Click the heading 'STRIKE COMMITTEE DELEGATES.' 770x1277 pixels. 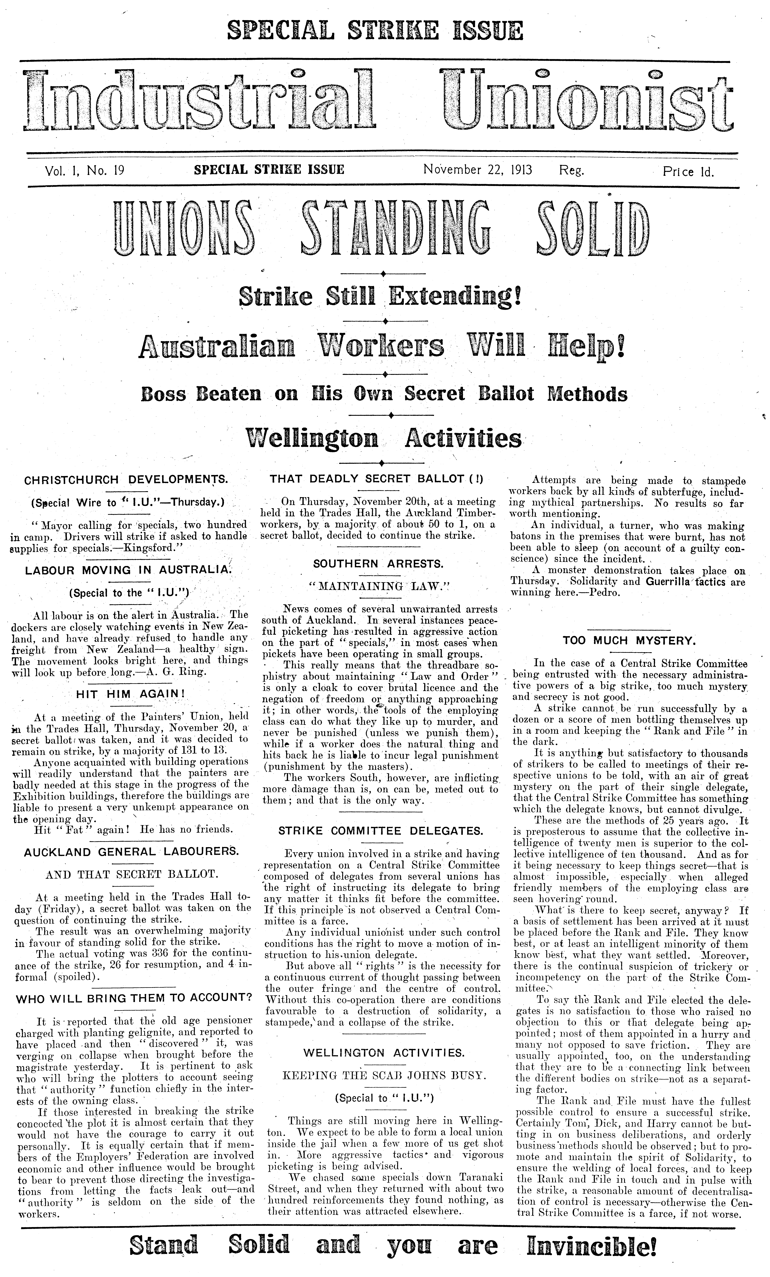coord(381,831)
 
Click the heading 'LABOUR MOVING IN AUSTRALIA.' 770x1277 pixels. coord(130,570)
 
